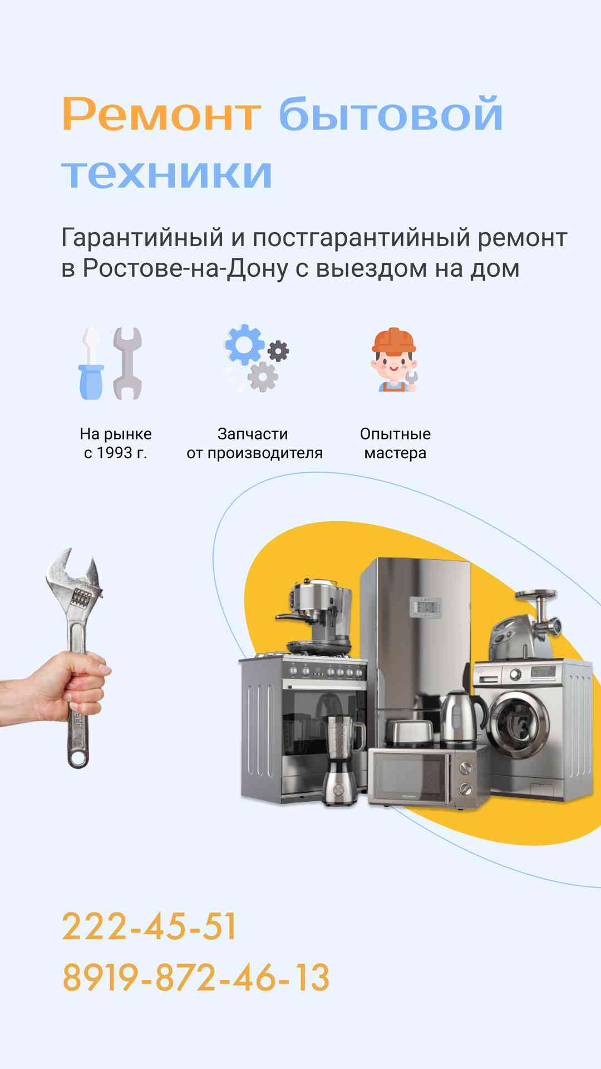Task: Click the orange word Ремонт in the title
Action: coord(161,114)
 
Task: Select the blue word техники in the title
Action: coord(167,173)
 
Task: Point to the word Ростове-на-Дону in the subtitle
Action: coord(186,268)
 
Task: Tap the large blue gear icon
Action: coord(244,345)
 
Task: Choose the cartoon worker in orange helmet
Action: coord(394,360)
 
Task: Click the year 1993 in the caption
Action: coord(115,453)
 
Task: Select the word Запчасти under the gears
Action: coord(253,434)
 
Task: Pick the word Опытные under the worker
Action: coord(395,434)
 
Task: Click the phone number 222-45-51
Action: coord(149,926)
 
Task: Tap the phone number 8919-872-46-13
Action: coord(196,977)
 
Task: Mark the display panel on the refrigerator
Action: coord(425,607)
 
